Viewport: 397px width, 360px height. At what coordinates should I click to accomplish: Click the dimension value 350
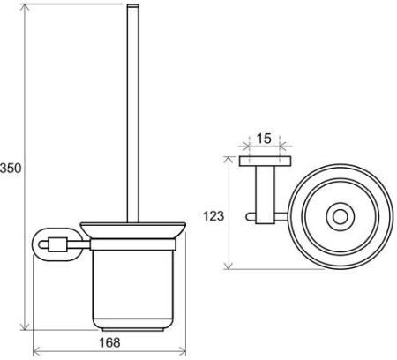coord(10,168)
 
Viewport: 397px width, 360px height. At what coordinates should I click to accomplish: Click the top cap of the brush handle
coord(133,8)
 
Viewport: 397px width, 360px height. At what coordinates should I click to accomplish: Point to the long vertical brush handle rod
coord(133,115)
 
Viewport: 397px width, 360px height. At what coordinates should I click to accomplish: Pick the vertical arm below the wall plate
coord(260,190)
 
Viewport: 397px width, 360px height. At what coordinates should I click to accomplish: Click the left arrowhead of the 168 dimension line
coord(35,351)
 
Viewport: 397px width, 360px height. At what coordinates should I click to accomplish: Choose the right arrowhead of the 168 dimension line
coord(182,351)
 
